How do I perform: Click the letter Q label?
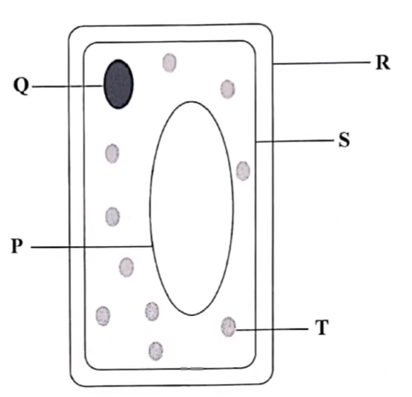click(21, 86)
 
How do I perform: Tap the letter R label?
click(383, 63)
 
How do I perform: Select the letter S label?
click(344, 140)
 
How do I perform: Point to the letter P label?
click(17, 246)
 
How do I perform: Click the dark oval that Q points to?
click(118, 84)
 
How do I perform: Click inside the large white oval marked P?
click(191, 208)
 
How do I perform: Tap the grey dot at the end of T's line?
click(229, 327)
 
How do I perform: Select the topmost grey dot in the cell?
click(169, 63)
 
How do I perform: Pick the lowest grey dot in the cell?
click(156, 351)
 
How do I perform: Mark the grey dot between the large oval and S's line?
click(243, 171)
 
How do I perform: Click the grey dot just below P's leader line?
click(126, 267)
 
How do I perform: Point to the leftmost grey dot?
click(103, 316)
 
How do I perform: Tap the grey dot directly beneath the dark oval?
click(112, 153)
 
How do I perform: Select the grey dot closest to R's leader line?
click(227, 89)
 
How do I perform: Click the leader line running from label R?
click(321, 63)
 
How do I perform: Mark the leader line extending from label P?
click(91, 247)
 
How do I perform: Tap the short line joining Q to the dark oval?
click(67, 86)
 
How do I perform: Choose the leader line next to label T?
click(272, 329)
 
